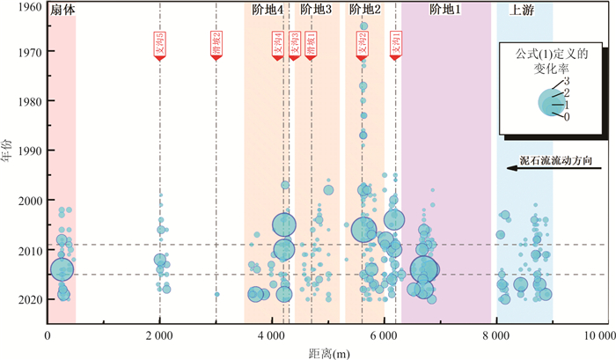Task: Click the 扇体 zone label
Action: click(61, 11)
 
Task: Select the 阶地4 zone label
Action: click(267, 11)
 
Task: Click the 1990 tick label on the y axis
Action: click(30, 151)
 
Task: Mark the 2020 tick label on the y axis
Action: click(30, 299)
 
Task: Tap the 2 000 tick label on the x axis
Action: click(159, 337)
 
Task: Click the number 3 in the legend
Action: click(567, 81)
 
